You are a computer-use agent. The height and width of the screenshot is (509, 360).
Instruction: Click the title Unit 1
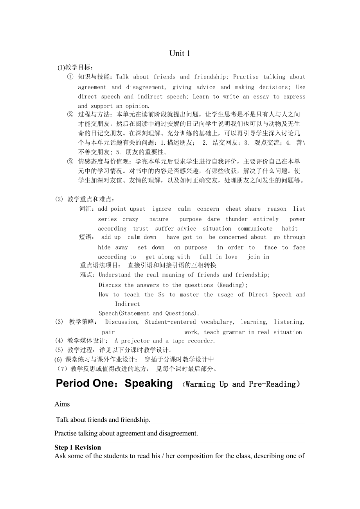(x=180, y=54)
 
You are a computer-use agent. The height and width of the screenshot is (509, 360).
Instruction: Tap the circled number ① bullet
(x=70, y=77)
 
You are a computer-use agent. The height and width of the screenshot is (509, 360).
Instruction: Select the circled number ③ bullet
(x=70, y=161)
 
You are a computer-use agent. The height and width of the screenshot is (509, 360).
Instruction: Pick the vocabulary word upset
(x=137, y=209)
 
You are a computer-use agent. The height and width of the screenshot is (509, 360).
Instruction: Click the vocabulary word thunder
(x=236, y=219)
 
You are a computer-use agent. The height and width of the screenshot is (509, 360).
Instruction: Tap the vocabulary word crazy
(x=130, y=219)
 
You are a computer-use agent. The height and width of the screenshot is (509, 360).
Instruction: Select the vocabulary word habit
(x=290, y=229)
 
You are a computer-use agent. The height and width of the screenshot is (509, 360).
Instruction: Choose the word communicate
(x=255, y=229)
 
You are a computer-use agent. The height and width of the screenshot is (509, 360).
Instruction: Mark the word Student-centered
(x=170, y=322)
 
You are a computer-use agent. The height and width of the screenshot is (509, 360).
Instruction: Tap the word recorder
(x=201, y=341)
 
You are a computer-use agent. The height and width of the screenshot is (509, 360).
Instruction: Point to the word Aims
(x=62, y=404)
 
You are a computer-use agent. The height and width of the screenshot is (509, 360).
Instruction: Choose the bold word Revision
(x=88, y=448)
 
